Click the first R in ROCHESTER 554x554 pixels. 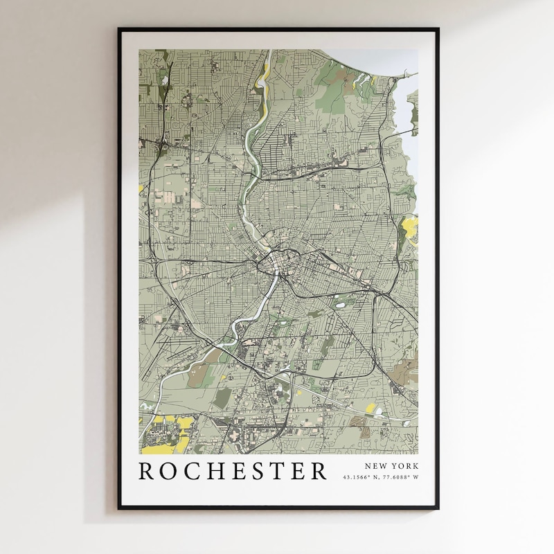click(148, 470)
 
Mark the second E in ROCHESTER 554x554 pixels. click(299, 470)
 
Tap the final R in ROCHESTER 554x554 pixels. click(319, 470)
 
